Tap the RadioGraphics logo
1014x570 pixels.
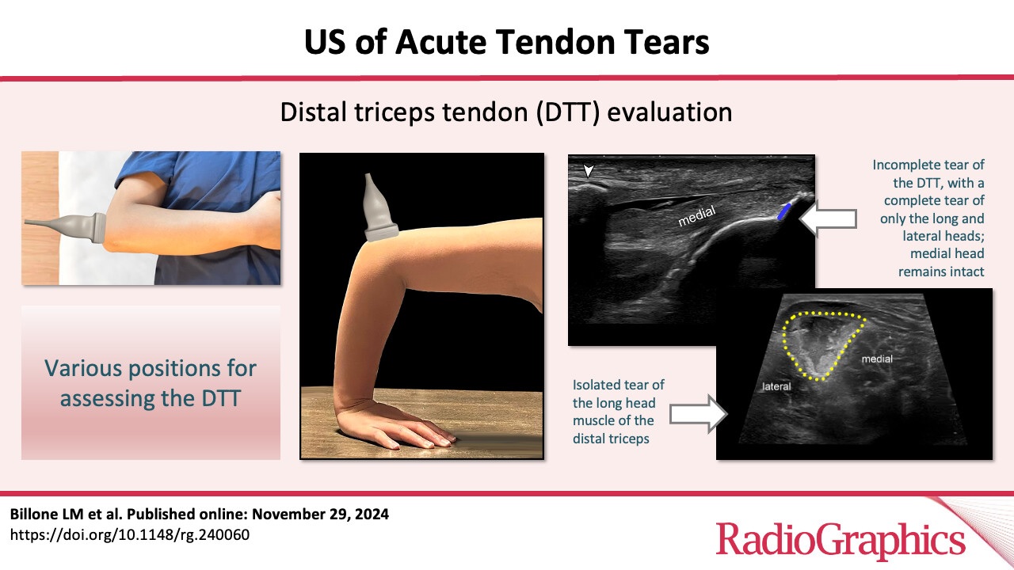coord(841,540)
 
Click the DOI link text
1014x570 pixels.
coord(129,534)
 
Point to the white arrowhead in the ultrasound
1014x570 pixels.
coord(588,171)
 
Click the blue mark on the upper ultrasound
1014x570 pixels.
coord(783,211)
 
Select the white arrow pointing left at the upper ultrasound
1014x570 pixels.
coord(828,219)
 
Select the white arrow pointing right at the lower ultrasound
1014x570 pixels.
coord(699,413)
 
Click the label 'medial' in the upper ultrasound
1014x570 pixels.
coord(696,216)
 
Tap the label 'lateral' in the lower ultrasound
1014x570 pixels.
coord(776,386)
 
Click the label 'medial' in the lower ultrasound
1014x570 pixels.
coord(877,359)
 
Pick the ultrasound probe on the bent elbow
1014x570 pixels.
coord(379,208)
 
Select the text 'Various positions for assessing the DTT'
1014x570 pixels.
coord(151,383)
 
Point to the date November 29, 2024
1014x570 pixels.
coord(320,515)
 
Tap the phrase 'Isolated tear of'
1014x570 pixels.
coord(619,385)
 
